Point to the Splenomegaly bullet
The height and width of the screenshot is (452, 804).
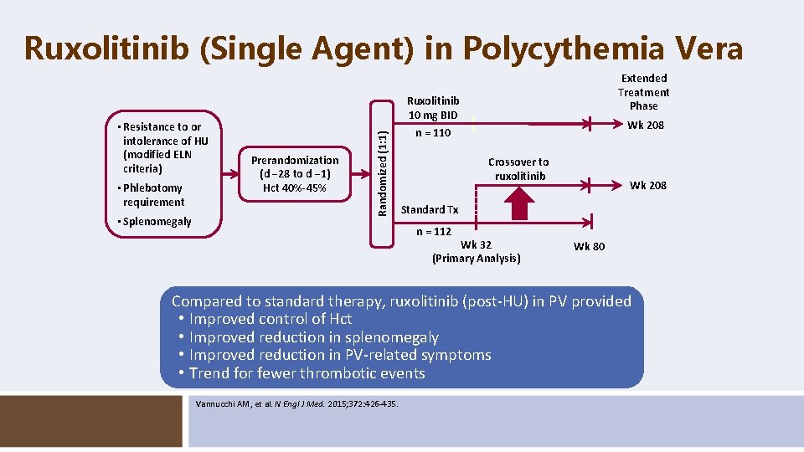pos(157,222)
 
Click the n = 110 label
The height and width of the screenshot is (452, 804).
pos(433,133)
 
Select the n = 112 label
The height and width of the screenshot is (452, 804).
pos(433,232)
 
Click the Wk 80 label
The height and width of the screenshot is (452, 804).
pos(589,246)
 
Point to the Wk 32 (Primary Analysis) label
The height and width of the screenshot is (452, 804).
pos(476,252)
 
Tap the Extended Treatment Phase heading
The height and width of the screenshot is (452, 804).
pos(643,92)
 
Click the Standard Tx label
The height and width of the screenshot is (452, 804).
pos(430,209)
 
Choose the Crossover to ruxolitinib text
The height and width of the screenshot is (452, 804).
pos(519,169)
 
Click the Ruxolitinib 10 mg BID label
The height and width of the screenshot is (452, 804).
pos(433,108)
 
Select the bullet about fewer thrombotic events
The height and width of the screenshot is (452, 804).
pos(307,373)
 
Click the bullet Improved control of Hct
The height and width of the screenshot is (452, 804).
pos(270,319)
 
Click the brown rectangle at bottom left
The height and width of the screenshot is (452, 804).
pos(91,421)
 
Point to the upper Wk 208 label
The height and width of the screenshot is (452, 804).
pos(647,125)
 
